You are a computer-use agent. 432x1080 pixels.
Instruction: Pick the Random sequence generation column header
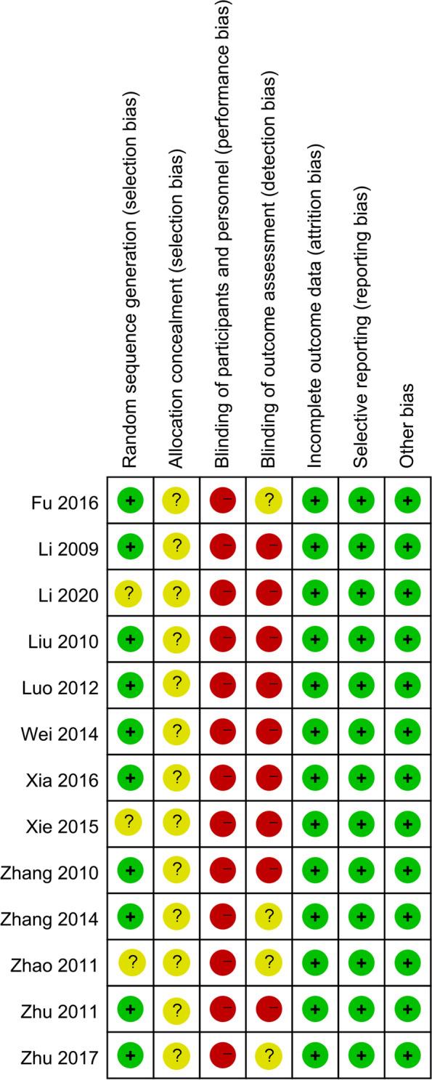point(131,291)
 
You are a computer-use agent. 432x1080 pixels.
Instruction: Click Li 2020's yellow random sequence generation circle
point(131,593)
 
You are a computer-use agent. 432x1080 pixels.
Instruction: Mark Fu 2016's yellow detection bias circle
point(269,500)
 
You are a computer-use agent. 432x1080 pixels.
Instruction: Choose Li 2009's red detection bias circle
point(269,547)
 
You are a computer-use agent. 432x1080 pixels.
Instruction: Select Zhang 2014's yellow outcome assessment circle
point(269,917)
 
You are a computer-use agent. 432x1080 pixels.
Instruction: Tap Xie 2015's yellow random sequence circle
point(131,824)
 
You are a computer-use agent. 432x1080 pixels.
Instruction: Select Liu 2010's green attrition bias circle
point(316,639)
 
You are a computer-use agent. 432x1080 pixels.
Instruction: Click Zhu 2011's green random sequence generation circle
point(131,1010)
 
